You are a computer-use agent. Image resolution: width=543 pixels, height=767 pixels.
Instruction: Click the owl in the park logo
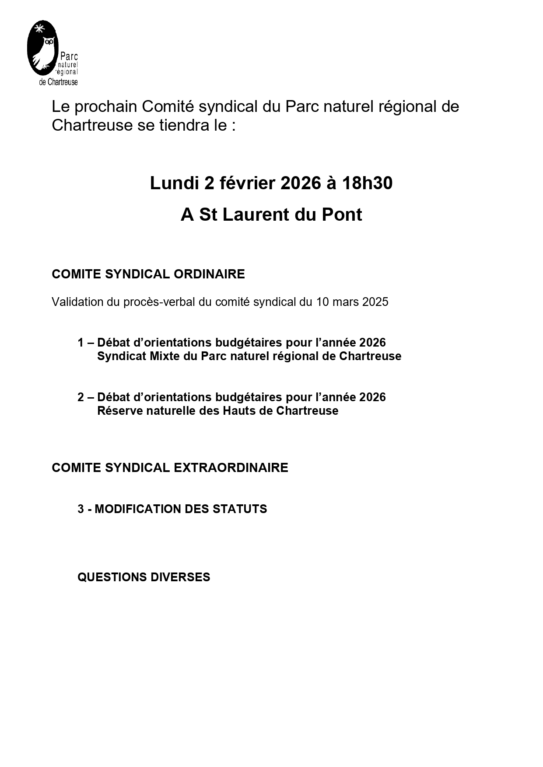[x=46, y=52]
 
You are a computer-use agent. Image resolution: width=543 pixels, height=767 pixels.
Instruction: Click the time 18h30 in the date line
[x=367, y=183]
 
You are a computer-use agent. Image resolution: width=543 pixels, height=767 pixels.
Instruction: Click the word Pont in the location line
[x=342, y=215]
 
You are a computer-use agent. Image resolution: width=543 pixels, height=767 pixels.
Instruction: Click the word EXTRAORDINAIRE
[x=231, y=468]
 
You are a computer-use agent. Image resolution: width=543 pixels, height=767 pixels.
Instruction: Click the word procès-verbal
[x=159, y=302]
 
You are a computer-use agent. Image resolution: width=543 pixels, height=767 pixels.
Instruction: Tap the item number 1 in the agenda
[x=81, y=342]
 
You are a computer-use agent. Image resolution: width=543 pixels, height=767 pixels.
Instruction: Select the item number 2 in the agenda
[x=81, y=397]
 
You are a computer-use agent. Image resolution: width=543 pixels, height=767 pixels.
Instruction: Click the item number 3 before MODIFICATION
[x=81, y=509]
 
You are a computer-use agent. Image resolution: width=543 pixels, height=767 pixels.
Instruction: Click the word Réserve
[x=116, y=411]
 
